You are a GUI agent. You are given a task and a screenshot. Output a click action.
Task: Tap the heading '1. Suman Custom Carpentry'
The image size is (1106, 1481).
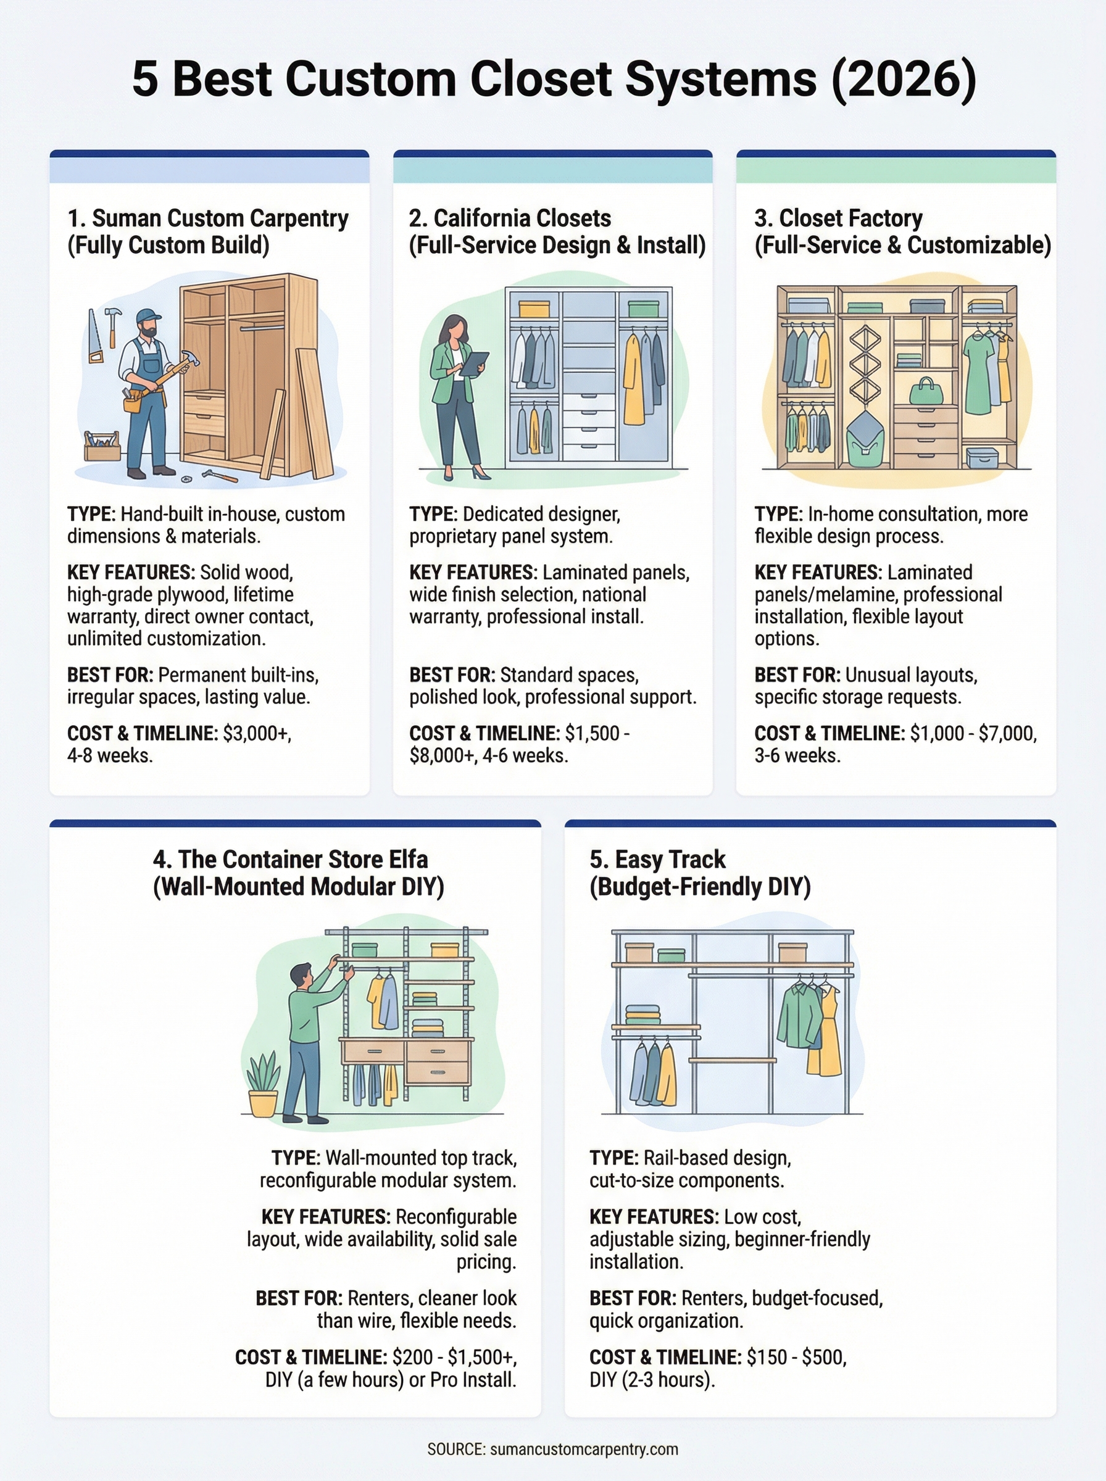pos(207,218)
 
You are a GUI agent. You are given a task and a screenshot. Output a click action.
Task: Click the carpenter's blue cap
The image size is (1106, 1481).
pos(148,316)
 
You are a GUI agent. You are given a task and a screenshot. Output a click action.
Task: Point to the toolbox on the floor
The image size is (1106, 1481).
pos(102,447)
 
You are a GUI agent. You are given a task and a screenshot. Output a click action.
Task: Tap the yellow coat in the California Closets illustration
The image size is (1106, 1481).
pos(633,380)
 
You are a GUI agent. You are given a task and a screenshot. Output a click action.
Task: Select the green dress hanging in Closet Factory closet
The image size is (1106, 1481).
pos(978,373)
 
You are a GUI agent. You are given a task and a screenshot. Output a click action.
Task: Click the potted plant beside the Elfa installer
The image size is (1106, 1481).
pos(263,1084)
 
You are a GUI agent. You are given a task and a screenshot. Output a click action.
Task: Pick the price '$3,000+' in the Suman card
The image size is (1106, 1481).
pos(256,734)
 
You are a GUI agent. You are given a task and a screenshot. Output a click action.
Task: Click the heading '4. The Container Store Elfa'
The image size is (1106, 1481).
pos(290,859)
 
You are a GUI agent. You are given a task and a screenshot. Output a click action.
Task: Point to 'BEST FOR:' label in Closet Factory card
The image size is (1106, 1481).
pos(797,674)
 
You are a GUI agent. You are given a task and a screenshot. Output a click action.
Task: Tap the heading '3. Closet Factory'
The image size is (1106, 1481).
pos(838,218)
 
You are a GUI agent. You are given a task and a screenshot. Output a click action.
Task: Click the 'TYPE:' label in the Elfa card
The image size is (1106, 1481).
pos(295,1158)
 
